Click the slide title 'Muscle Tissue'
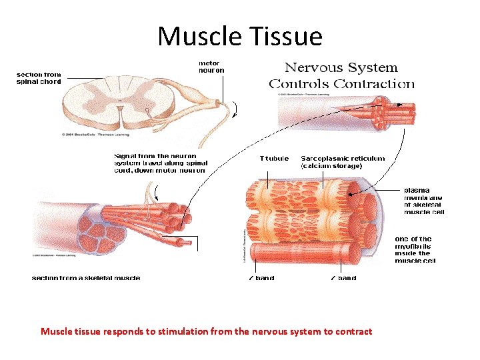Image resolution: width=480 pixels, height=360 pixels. [239, 36]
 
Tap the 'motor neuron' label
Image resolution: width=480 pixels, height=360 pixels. [211, 67]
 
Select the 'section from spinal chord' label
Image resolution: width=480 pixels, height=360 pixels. [39, 78]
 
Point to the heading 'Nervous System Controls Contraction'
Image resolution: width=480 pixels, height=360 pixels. [341, 75]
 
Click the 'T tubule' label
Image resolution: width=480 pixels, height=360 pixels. [274, 159]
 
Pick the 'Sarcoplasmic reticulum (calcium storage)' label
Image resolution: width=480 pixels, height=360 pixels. [343, 162]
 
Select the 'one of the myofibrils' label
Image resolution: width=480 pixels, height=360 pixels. [413, 249]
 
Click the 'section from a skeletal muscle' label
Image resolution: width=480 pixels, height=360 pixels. [86, 277]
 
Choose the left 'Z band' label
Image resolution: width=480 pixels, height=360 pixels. [261, 277]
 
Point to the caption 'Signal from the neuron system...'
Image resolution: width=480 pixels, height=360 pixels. [159, 163]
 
